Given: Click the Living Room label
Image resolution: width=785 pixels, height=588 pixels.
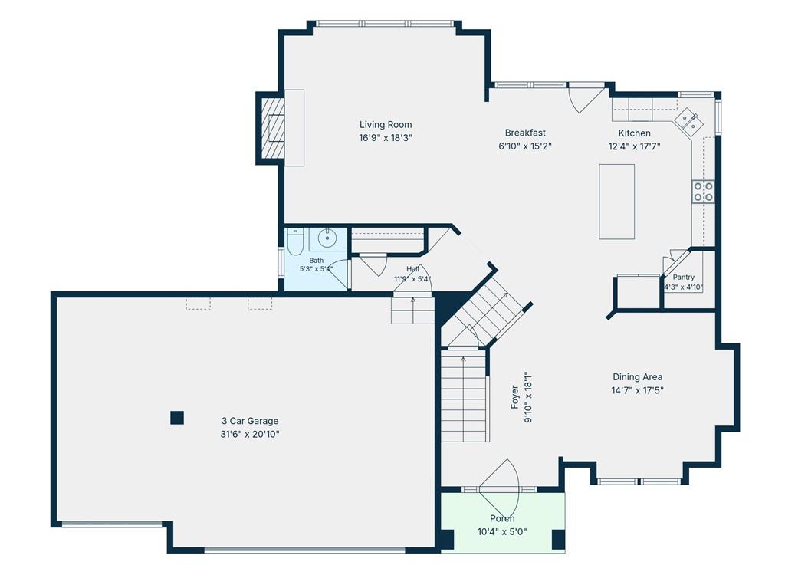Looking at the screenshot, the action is pyautogui.click(x=386, y=125).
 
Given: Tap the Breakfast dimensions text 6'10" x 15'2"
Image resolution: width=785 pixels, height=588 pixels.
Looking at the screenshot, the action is pyautogui.click(x=524, y=146).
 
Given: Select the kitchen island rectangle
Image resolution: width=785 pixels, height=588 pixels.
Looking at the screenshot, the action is pyautogui.click(x=617, y=202).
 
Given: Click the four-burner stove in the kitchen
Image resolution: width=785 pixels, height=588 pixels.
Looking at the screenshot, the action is pyautogui.click(x=704, y=192).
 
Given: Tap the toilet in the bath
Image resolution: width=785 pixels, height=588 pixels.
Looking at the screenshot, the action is pyautogui.click(x=295, y=241).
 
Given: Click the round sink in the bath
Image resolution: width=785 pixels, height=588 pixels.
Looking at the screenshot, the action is pyautogui.click(x=327, y=238).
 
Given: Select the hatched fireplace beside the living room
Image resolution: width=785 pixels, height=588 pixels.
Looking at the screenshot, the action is pyautogui.click(x=274, y=128).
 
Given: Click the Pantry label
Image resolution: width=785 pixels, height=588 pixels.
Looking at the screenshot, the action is pyautogui.click(x=683, y=277).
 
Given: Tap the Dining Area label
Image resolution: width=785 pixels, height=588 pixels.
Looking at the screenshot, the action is pyautogui.click(x=637, y=376).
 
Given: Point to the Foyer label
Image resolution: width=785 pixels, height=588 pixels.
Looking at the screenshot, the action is pyautogui.click(x=514, y=397).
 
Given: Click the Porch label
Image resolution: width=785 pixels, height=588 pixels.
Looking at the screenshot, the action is pyautogui.click(x=502, y=518).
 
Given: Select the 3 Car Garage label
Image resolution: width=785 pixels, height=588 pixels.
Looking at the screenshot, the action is pyautogui.click(x=250, y=421).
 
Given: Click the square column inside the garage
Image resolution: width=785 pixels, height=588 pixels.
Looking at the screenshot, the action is pyautogui.click(x=177, y=418).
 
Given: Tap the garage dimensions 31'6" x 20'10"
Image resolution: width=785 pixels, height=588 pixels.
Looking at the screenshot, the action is pyautogui.click(x=250, y=434).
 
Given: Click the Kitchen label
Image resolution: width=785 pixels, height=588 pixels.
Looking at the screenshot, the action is pyautogui.click(x=634, y=133).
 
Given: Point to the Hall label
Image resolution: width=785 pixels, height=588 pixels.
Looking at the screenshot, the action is pyautogui.click(x=413, y=269).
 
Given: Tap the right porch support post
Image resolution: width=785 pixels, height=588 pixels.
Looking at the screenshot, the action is pyautogui.click(x=558, y=540).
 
